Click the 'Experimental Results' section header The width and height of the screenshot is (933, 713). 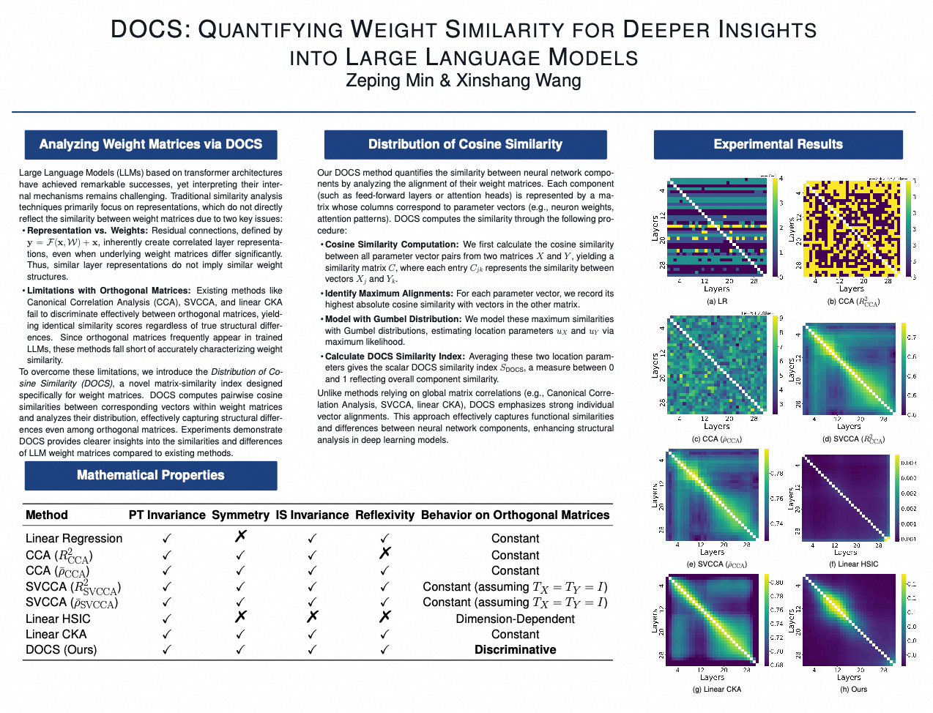tap(778, 144)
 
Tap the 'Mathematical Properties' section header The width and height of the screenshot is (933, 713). tap(151, 475)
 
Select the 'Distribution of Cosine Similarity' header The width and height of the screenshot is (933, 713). tap(465, 144)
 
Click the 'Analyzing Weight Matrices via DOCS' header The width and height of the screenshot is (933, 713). tap(151, 144)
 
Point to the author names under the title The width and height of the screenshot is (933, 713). tap(464, 81)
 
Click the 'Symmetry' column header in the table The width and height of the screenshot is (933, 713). tap(240, 515)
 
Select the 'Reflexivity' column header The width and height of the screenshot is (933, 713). tap(384, 515)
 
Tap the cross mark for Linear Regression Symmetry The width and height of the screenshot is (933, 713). tap(240, 537)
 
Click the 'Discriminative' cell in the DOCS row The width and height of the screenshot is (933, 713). tap(515, 650)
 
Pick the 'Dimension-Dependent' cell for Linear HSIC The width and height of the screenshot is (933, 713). tap(515, 619)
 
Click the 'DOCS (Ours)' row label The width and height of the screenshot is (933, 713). tap(61, 650)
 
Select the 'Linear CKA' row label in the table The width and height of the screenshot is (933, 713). tap(56, 634)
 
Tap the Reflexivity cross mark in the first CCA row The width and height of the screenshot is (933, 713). tap(384, 553)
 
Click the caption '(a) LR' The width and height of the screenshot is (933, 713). tap(716, 301)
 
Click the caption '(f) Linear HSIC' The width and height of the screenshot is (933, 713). tap(853, 564)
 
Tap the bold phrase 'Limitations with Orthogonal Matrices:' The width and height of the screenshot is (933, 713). tap(108, 291)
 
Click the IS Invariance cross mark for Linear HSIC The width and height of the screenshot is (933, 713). tap(312, 617)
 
